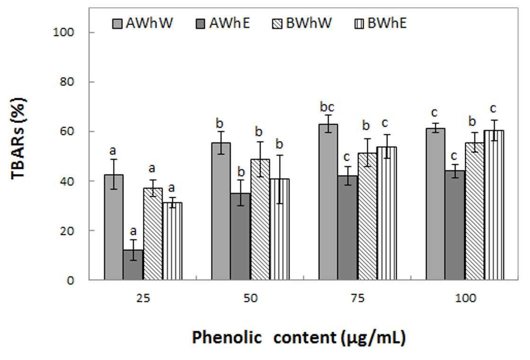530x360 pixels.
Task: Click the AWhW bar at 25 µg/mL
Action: pyautogui.click(x=114, y=227)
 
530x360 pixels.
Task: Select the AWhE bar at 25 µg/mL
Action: pyautogui.click(x=133, y=265)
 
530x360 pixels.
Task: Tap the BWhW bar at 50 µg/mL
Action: pyautogui.click(x=260, y=220)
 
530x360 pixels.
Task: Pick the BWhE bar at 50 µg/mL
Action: pyautogui.click(x=280, y=229)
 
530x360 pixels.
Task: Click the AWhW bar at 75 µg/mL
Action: pyautogui.click(x=328, y=202)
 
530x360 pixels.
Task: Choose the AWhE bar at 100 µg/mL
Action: pyautogui.click(x=455, y=225)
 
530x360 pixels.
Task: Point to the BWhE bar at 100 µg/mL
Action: pyautogui.click(x=494, y=205)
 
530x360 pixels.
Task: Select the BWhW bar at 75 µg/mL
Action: pyautogui.click(x=367, y=216)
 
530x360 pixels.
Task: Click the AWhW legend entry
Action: pyautogui.click(x=142, y=23)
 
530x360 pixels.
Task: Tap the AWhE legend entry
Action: pyautogui.click(x=223, y=23)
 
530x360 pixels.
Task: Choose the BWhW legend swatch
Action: pyautogui.click(x=277, y=24)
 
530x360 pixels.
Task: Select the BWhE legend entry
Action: pyautogui.click(x=380, y=23)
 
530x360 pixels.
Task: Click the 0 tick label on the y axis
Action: pyautogui.click(x=70, y=280)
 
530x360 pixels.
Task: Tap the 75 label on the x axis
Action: pyautogui.click(x=358, y=298)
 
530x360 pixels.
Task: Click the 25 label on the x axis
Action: pyautogui.click(x=143, y=298)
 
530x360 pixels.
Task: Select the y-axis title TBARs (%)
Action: pyautogui.click(x=18, y=139)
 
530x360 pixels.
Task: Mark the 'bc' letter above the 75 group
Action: pyautogui.click(x=327, y=107)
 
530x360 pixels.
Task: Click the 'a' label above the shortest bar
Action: pyautogui.click(x=133, y=231)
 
